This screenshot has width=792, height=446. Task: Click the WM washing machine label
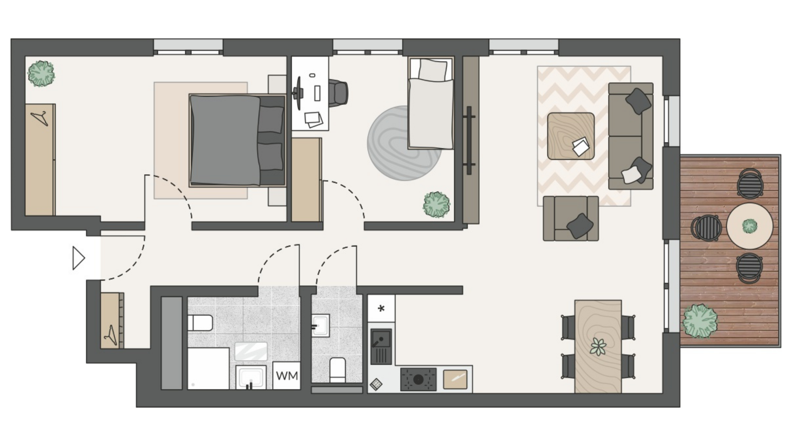(x=287, y=376)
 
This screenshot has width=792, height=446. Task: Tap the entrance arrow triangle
(x=78, y=258)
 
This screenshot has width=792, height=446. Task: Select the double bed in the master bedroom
(x=238, y=140)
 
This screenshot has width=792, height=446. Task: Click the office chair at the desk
(x=338, y=93)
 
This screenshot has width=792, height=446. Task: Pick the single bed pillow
(x=432, y=69)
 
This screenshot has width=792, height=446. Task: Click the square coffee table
(x=571, y=136)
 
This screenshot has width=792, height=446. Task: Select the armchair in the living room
(x=571, y=218)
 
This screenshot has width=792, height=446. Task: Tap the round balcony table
(x=750, y=226)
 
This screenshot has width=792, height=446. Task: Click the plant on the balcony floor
(x=700, y=321)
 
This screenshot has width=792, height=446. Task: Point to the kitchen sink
(x=381, y=346)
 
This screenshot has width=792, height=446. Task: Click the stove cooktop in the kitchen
(x=418, y=379)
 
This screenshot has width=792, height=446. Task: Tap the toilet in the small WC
(x=337, y=370)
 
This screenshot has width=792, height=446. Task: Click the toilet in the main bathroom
(x=200, y=323)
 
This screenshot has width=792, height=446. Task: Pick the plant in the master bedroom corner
(x=41, y=74)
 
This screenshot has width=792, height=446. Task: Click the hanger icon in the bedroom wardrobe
(x=40, y=118)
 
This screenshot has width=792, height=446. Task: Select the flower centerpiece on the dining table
(x=598, y=346)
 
